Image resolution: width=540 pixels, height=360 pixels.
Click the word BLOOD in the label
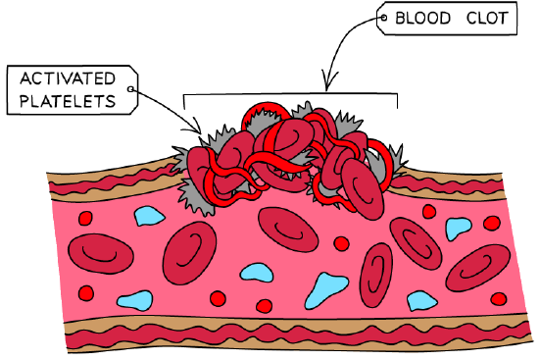(422, 18)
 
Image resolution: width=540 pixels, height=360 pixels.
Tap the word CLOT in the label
(487, 18)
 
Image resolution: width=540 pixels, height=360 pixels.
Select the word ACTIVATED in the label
(68, 78)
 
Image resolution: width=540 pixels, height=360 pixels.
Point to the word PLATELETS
(68, 101)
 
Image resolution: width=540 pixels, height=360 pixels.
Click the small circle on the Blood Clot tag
(383, 18)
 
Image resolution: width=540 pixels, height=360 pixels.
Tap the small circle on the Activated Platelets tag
(130, 89)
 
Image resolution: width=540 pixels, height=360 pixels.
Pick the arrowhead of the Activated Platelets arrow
(195, 128)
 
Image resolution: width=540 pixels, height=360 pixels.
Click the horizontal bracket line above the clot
(291, 94)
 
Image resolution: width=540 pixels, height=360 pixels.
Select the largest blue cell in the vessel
(325, 289)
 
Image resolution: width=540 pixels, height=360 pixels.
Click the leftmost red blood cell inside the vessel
(101, 254)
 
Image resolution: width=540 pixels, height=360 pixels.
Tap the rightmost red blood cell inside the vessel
(478, 268)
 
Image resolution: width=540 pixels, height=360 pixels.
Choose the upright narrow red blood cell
(376, 275)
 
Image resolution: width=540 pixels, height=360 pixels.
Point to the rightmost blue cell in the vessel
(458, 228)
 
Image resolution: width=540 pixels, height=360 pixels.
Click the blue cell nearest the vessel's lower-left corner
(135, 300)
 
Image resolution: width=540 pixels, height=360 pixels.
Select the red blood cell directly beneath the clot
(288, 230)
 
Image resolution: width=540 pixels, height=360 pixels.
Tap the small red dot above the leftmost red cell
(85, 218)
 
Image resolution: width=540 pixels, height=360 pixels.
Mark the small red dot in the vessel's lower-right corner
(499, 298)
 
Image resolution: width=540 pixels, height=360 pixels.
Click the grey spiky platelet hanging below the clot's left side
(196, 197)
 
